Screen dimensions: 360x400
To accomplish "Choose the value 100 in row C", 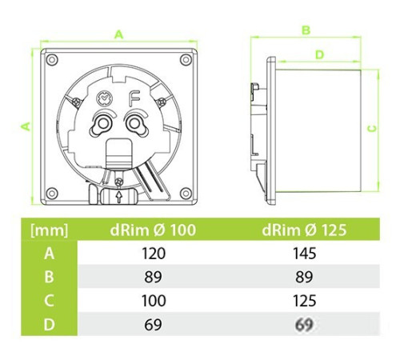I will (x=151, y=302).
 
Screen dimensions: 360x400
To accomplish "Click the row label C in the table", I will (x=48, y=302).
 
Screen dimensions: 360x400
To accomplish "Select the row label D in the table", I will (x=48, y=326).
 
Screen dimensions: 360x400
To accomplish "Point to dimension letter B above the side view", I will (x=306, y=30).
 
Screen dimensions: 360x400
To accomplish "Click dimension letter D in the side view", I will (x=318, y=54).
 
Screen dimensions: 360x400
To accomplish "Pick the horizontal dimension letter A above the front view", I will (x=120, y=34).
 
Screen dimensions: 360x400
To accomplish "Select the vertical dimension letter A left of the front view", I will (x=24, y=126).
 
